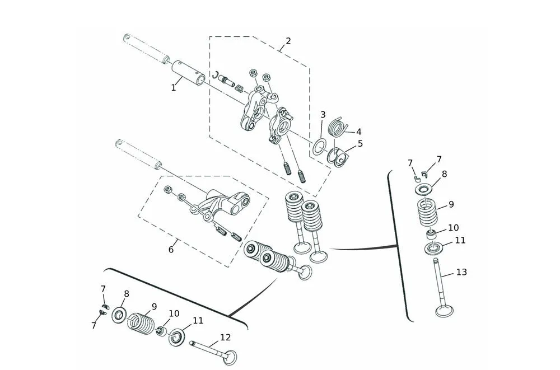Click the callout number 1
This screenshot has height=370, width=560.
(174, 88)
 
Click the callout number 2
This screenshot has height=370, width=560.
(288, 41)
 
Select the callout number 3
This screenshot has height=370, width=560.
(323, 115)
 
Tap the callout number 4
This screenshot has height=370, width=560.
(358, 132)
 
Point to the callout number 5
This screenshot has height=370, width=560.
(360, 144)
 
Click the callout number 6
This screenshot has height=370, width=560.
(171, 250)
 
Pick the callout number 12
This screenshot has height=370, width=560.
(225, 338)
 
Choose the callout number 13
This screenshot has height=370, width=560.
(461, 272)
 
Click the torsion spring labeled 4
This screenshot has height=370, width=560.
(337, 127)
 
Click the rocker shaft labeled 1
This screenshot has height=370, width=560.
(188, 72)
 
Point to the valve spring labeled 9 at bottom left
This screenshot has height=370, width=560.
(142, 323)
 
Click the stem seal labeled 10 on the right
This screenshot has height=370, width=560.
(432, 233)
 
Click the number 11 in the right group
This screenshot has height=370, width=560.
(460, 240)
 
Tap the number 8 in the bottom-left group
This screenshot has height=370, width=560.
(126, 293)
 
